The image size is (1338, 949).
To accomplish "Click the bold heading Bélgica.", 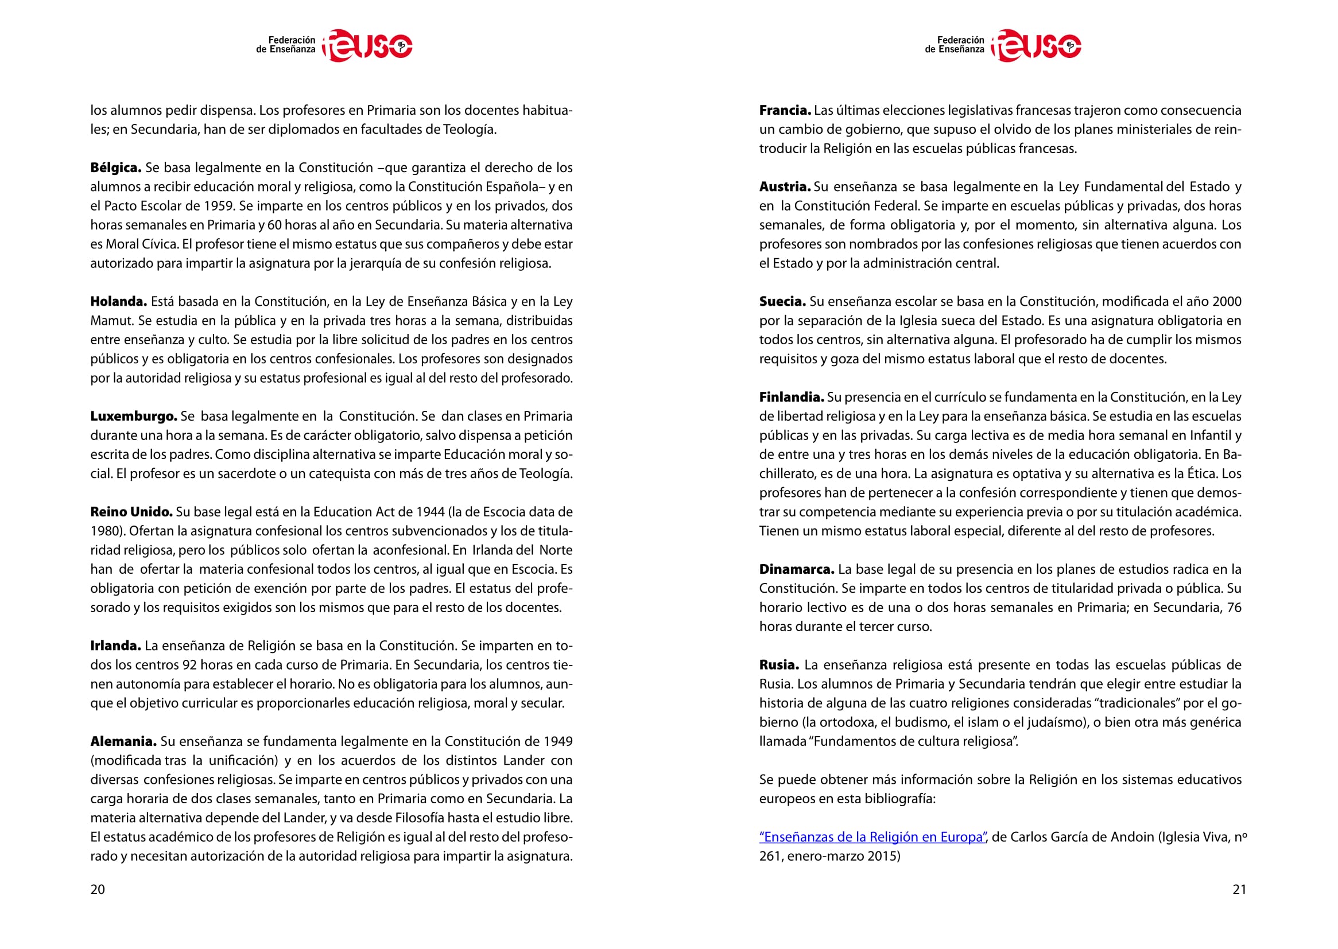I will (x=116, y=168).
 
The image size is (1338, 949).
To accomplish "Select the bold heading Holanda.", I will (x=118, y=302).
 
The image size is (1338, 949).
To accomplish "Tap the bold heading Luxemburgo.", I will (x=133, y=416).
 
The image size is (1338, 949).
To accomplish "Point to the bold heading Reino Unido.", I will (x=131, y=512).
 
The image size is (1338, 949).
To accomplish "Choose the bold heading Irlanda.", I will (x=115, y=645).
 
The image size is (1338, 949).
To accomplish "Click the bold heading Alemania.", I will (x=123, y=741).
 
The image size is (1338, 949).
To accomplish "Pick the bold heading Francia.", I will (x=785, y=110).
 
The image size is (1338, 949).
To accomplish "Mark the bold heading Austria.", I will (x=785, y=187).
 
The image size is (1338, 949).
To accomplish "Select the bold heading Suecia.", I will (x=782, y=302).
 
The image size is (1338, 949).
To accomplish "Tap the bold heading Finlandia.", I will (x=792, y=398).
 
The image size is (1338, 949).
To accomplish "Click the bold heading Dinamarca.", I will (x=797, y=569).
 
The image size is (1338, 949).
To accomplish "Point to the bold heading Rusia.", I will (x=778, y=665).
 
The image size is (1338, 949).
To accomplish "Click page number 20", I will (x=98, y=889).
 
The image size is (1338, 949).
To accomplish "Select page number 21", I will (x=1239, y=889).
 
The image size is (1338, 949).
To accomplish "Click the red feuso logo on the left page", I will (x=368, y=45).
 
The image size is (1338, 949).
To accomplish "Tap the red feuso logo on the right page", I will (x=1037, y=45).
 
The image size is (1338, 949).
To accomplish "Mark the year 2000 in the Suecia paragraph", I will (x=1226, y=302).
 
